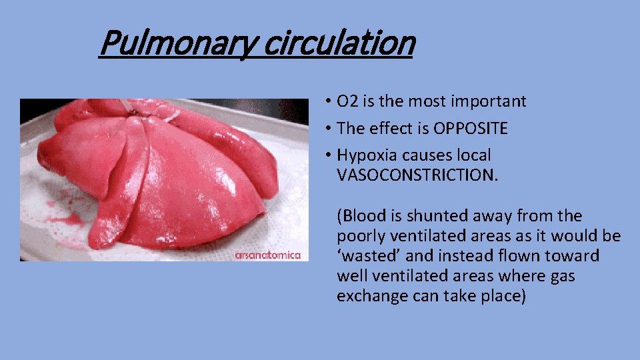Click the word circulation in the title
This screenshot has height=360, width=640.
339,43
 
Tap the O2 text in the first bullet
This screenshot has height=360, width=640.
347,101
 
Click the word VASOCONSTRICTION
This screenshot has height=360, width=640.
417,175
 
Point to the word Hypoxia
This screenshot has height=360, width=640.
366,155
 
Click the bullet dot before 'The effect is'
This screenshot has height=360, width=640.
329,129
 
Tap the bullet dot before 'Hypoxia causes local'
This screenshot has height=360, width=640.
329,155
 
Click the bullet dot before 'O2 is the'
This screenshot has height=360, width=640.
329,102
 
